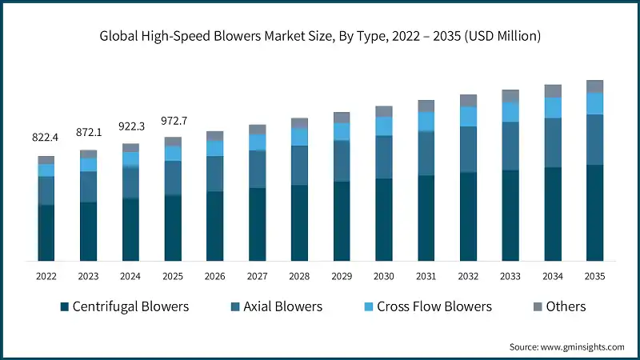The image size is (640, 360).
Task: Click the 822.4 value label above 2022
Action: coord(46,138)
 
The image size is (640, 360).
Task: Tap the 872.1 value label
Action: coord(88,130)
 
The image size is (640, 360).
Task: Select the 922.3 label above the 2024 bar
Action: coord(130,125)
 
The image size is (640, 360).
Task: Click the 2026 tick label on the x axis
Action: coord(214,276)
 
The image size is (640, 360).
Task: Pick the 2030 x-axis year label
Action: coord(383,276)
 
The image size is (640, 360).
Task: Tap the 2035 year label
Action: coord(594,276)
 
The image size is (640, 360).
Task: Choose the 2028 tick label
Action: coord(299,276)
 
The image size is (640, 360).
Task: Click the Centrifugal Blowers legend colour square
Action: coord(63,307)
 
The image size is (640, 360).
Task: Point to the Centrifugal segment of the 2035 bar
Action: coord(594,213)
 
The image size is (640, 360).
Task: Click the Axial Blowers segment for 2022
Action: coord(46,190)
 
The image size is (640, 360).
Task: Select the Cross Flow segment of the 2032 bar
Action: coord(468,116)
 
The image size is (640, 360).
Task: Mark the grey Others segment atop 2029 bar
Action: coord(342,117)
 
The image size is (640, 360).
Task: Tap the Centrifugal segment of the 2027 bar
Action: coord(257,224)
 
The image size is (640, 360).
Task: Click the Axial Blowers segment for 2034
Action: coord(552,142)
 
